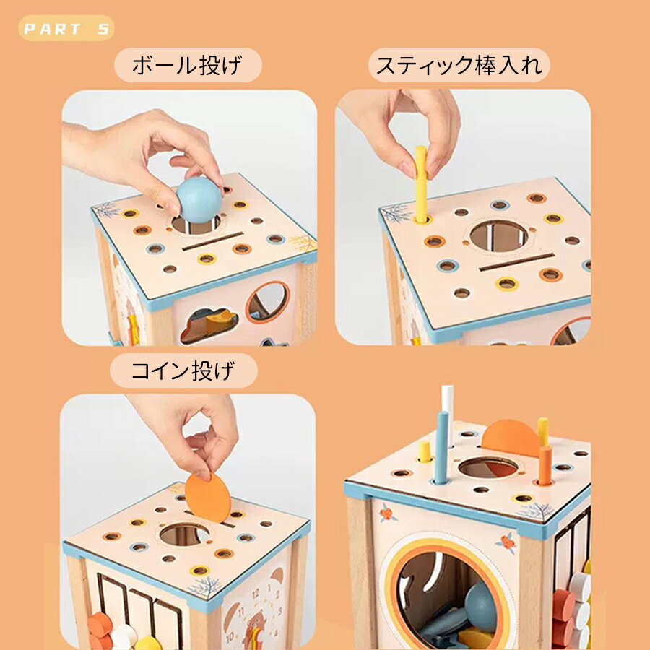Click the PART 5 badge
point(66,28)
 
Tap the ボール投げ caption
point(188,65)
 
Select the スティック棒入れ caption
point(459,65)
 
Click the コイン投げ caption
point(183,370)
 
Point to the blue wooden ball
point(199,200)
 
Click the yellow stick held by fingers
point(421,184)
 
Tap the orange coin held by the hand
point(208,498)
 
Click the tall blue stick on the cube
point(441,448)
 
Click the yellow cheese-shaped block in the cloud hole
point(220,321)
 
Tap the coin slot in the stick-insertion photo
point(517,262)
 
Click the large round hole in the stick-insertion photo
point(499,236)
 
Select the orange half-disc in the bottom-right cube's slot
point(511,438)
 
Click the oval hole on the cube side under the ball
point(268,302)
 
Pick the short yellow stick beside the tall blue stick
point(425,452)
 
